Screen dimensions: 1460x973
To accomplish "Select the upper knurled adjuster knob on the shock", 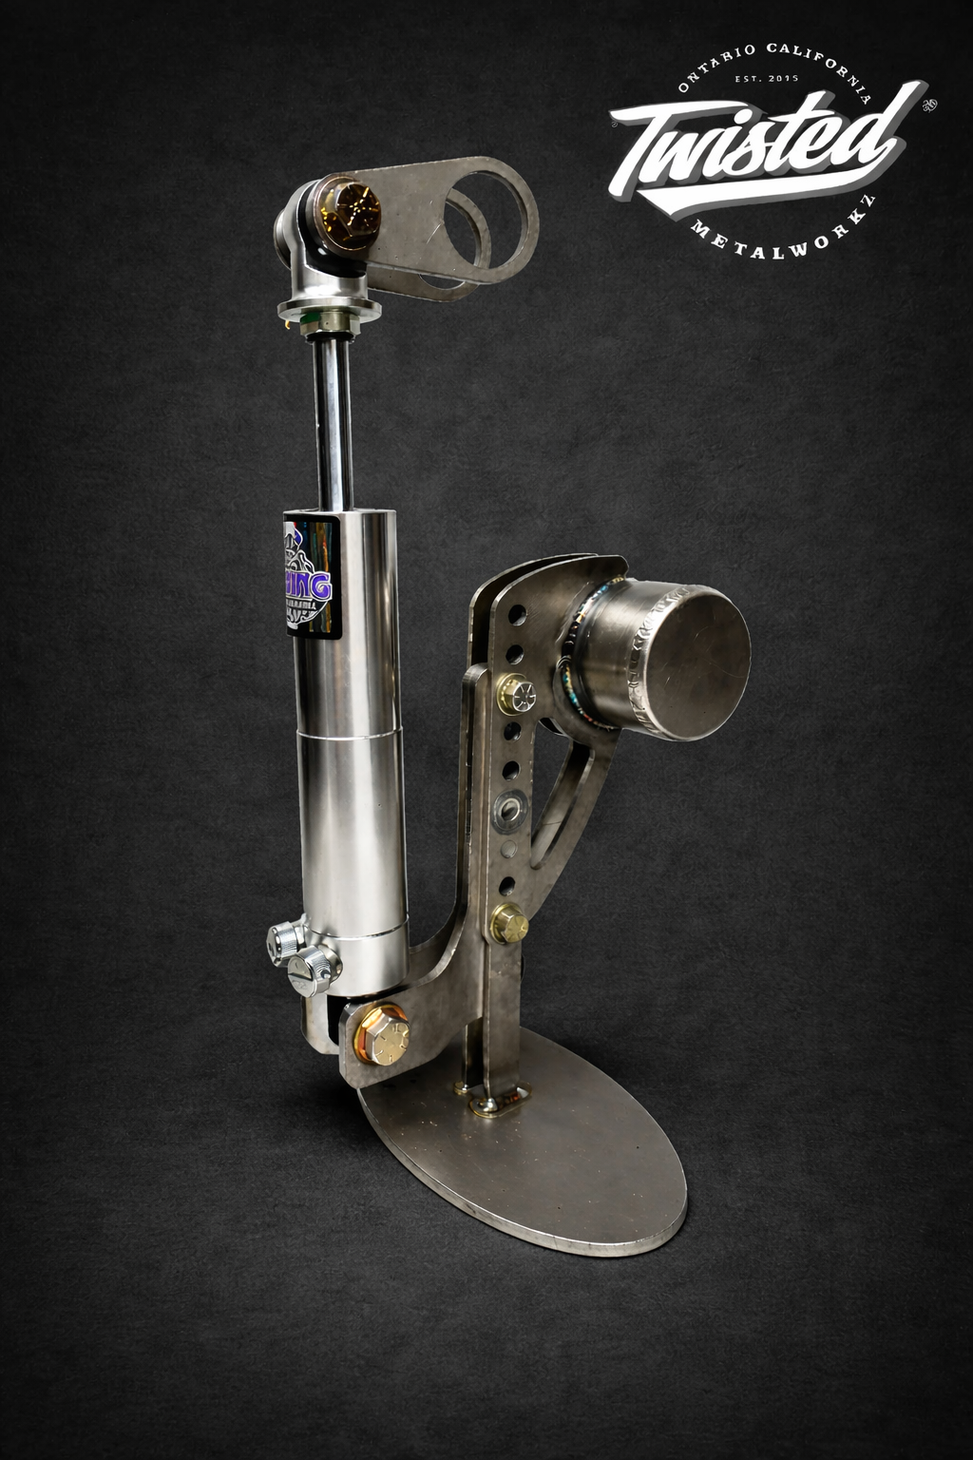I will click(286, 942).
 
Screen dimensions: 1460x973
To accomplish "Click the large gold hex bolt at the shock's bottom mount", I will click(381, 1033).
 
